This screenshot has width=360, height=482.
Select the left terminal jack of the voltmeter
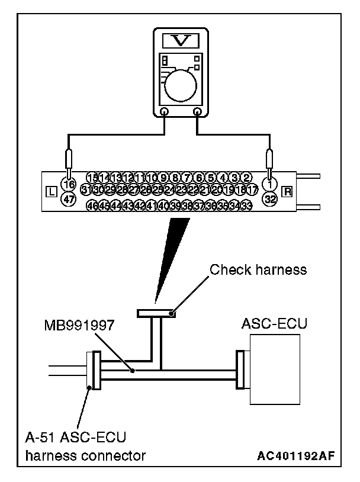(164, 111)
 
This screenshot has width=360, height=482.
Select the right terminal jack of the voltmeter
(198, 111)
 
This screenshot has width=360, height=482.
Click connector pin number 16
(69, 184)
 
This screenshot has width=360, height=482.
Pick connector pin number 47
(69, 200)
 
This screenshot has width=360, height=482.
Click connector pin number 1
(270, 184)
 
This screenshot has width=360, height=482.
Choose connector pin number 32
(270, 200)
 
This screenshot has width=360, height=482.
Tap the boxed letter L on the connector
(52, 192)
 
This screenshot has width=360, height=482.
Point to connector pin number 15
(92, 178)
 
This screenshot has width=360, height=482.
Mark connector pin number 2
(247, 178)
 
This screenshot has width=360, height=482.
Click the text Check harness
(259, 270)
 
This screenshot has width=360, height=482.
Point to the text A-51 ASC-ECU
(75, 438)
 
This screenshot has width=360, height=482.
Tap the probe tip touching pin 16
(69, 175)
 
